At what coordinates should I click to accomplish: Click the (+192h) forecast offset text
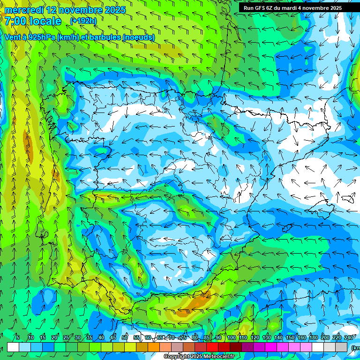pos(83,21)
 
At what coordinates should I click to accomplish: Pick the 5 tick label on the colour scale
pos(18,338)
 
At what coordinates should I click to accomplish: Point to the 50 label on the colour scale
pos(125,338)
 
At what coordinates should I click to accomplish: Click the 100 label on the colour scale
pos(231,338)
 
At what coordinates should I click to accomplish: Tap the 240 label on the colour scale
pos(349,338)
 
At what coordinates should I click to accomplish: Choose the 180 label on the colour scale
pos(314,338)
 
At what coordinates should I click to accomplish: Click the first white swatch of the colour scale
pos(13,347)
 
